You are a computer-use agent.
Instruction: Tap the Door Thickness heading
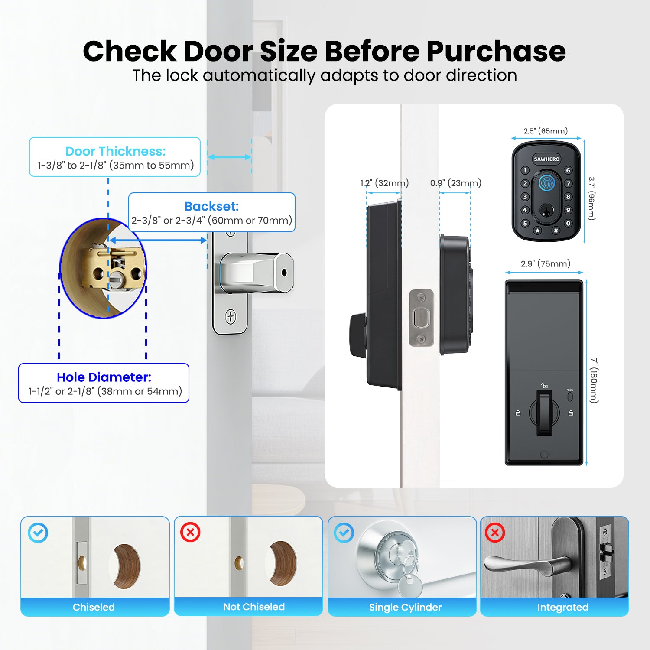point(115,151)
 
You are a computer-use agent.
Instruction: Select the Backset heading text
point(211,206)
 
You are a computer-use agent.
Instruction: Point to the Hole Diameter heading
point(104,377)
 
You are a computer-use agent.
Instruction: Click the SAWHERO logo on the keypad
point(546,159)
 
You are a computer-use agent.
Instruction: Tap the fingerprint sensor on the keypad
point(547,182)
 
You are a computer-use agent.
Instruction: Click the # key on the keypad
point(556,231)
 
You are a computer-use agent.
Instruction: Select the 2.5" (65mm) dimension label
point(546,131)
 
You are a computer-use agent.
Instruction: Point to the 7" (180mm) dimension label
point(594,380)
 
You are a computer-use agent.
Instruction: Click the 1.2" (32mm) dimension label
point(384,183)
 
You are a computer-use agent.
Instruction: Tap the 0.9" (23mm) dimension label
point(455,183)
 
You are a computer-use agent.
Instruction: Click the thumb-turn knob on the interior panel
point(544,412)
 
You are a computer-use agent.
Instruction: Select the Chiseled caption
point(94,607)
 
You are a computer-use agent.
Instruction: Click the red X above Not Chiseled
point(190,532)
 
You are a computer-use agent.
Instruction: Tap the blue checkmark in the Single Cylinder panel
point(344,533)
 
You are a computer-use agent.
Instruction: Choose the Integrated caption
point(562,607)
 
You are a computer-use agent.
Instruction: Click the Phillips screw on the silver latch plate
point(231,317)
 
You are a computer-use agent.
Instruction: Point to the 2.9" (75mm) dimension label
point(545,263)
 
